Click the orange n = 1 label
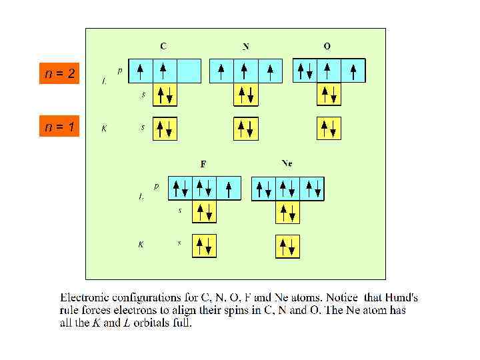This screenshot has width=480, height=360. tap(59, 126)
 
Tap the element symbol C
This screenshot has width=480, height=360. tap(163, 46)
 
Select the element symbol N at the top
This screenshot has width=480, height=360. tap(246, 47)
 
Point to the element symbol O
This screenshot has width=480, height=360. tap(327, 46)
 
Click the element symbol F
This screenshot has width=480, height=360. tap(203, 163)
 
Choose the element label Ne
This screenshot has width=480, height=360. tap(287, 163)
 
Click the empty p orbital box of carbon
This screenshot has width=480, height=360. tap(189, 70)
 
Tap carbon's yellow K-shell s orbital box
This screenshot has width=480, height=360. tap(165, 127)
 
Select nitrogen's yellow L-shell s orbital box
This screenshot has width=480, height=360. tap(246, 94)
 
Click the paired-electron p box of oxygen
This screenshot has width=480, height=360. tap(305, 70)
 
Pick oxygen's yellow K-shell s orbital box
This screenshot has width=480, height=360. tap(329, 127)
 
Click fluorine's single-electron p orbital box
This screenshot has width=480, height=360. tap(228, 189)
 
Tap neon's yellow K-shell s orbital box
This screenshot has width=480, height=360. tap(287, 246)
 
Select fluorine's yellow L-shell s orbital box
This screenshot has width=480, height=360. tap(204, 213)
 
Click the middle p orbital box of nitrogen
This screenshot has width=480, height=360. tap(246, 70)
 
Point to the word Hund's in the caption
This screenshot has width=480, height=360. tap(403, 298)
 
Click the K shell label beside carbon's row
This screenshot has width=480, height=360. tap(104, 128)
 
